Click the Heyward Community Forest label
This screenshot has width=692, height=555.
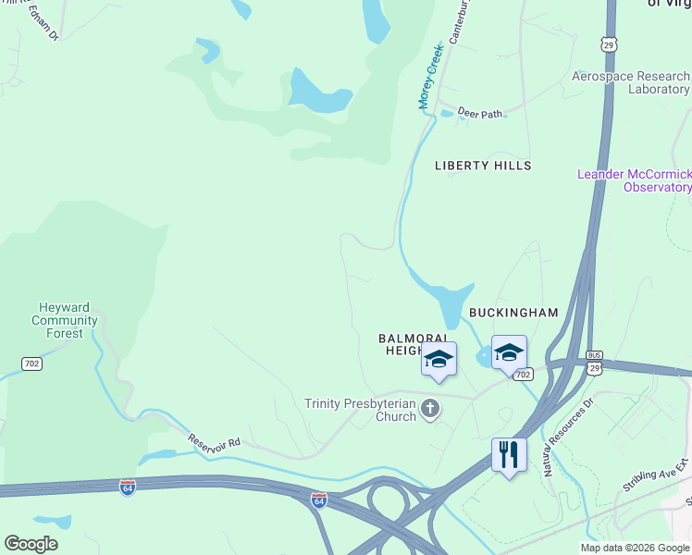pyautogui.click(x=64, y=320)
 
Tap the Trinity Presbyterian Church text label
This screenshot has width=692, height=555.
pyautogui.click(x=361, y=410)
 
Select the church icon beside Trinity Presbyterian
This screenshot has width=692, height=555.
pyautogui.click(x=429, y=408)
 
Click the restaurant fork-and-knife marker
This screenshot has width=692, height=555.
pyautogui.click(x=509, y=455)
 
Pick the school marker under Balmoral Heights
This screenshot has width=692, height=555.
pyautogui.click(x=439, y=360)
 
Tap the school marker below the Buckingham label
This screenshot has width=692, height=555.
pyautogui.click(x=508, y=353)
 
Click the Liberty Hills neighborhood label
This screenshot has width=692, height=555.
pyautogui.click(x=483, y=166)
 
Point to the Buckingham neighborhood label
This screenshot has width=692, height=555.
pyautogui.click(x=513, y=313)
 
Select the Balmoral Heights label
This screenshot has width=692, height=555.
pyautogui.click(x=415, y=345)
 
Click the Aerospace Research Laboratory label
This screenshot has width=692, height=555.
pyautogui.click(x=631, y=83)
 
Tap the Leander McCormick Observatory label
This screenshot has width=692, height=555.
pyautogui.click(x=635, y=180)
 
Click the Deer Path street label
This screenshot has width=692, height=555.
pyautogui.click(x=479, y=114)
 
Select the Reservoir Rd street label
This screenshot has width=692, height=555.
pyautogui.click(x=214, y=441)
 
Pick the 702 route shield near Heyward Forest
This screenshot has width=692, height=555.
pyautogui.click(x=32, y=364)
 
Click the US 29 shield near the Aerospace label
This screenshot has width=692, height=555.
pyautogui.click(x=607, y=43)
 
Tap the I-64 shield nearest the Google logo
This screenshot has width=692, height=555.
pyautogui.click(x=128, y=487)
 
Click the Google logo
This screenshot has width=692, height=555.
pyautogui.click(x=31, y=544)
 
